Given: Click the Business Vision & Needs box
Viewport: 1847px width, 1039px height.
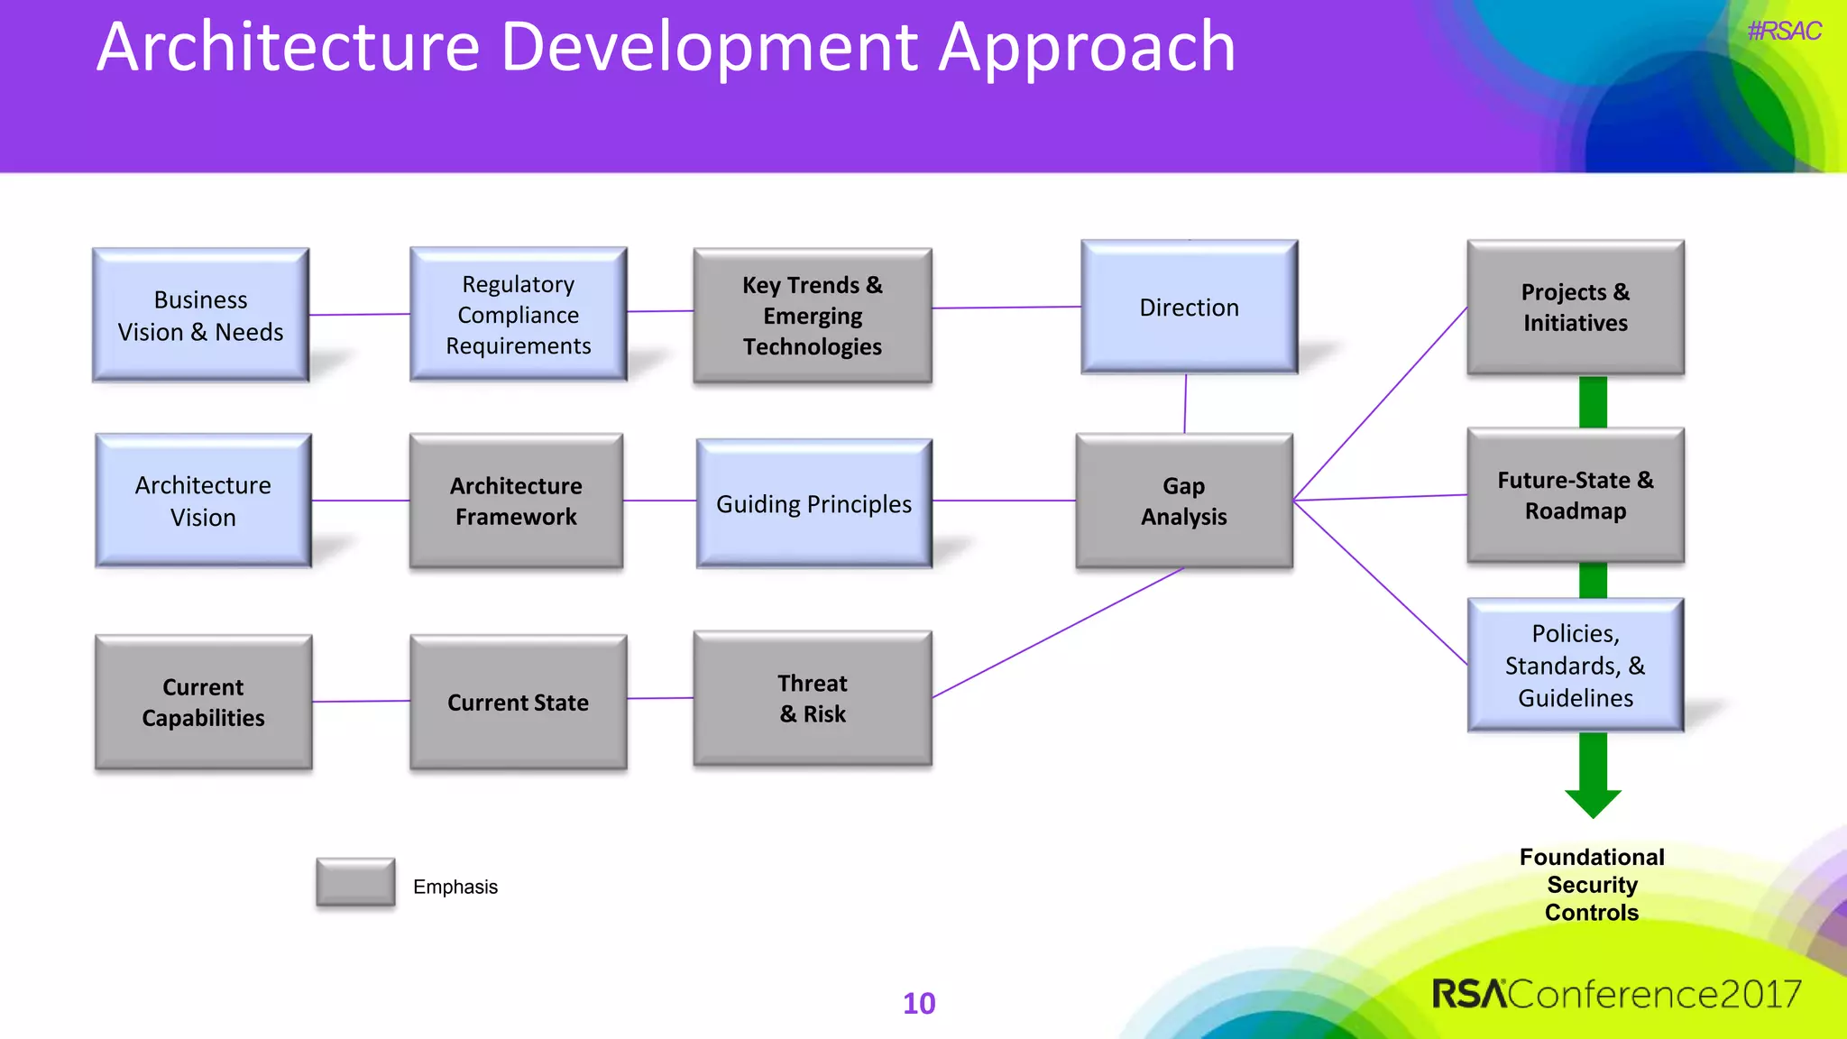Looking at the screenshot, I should [x=200, y=315].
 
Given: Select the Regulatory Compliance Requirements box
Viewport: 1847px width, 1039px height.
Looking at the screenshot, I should [x=518, y=315].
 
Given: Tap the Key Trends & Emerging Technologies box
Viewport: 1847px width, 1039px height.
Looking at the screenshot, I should [x=812, y=316].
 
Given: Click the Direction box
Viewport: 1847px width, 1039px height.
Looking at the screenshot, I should [x=1189, y=308].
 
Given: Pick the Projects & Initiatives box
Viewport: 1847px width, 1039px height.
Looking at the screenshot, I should [x=1575, y=308].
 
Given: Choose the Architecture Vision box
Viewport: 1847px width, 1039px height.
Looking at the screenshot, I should [x=203, y=501].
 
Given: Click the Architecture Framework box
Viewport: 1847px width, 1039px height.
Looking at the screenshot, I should [x=516, y=501].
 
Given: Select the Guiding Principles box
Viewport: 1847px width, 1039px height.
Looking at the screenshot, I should [x=813, y=503].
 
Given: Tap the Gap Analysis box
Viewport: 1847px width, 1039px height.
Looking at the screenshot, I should [x=1183, y=501].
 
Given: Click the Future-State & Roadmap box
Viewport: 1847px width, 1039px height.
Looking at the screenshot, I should [x=1575, y=495].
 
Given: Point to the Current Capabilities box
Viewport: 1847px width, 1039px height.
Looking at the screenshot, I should [x=203, y=702].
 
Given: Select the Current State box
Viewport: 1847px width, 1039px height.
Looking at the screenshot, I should [x=518, y=702].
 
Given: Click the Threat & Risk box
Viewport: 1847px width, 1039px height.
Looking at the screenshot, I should [x=812, y=698].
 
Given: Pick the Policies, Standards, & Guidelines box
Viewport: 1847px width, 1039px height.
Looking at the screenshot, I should [x=1575, y=666].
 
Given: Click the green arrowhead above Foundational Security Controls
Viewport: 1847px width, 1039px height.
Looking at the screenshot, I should [x=1593, y=802].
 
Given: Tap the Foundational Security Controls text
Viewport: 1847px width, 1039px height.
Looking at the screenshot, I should [x=1592, y=884].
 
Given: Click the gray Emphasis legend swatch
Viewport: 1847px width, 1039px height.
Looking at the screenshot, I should [x=355, y=881].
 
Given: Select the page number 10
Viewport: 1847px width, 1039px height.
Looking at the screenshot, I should [x=919, y=1003].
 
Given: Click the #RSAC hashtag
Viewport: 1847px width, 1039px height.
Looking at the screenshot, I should [x=1783, y=32].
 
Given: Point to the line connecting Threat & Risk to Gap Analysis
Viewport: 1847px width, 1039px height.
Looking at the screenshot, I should [x=1057, y=632].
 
